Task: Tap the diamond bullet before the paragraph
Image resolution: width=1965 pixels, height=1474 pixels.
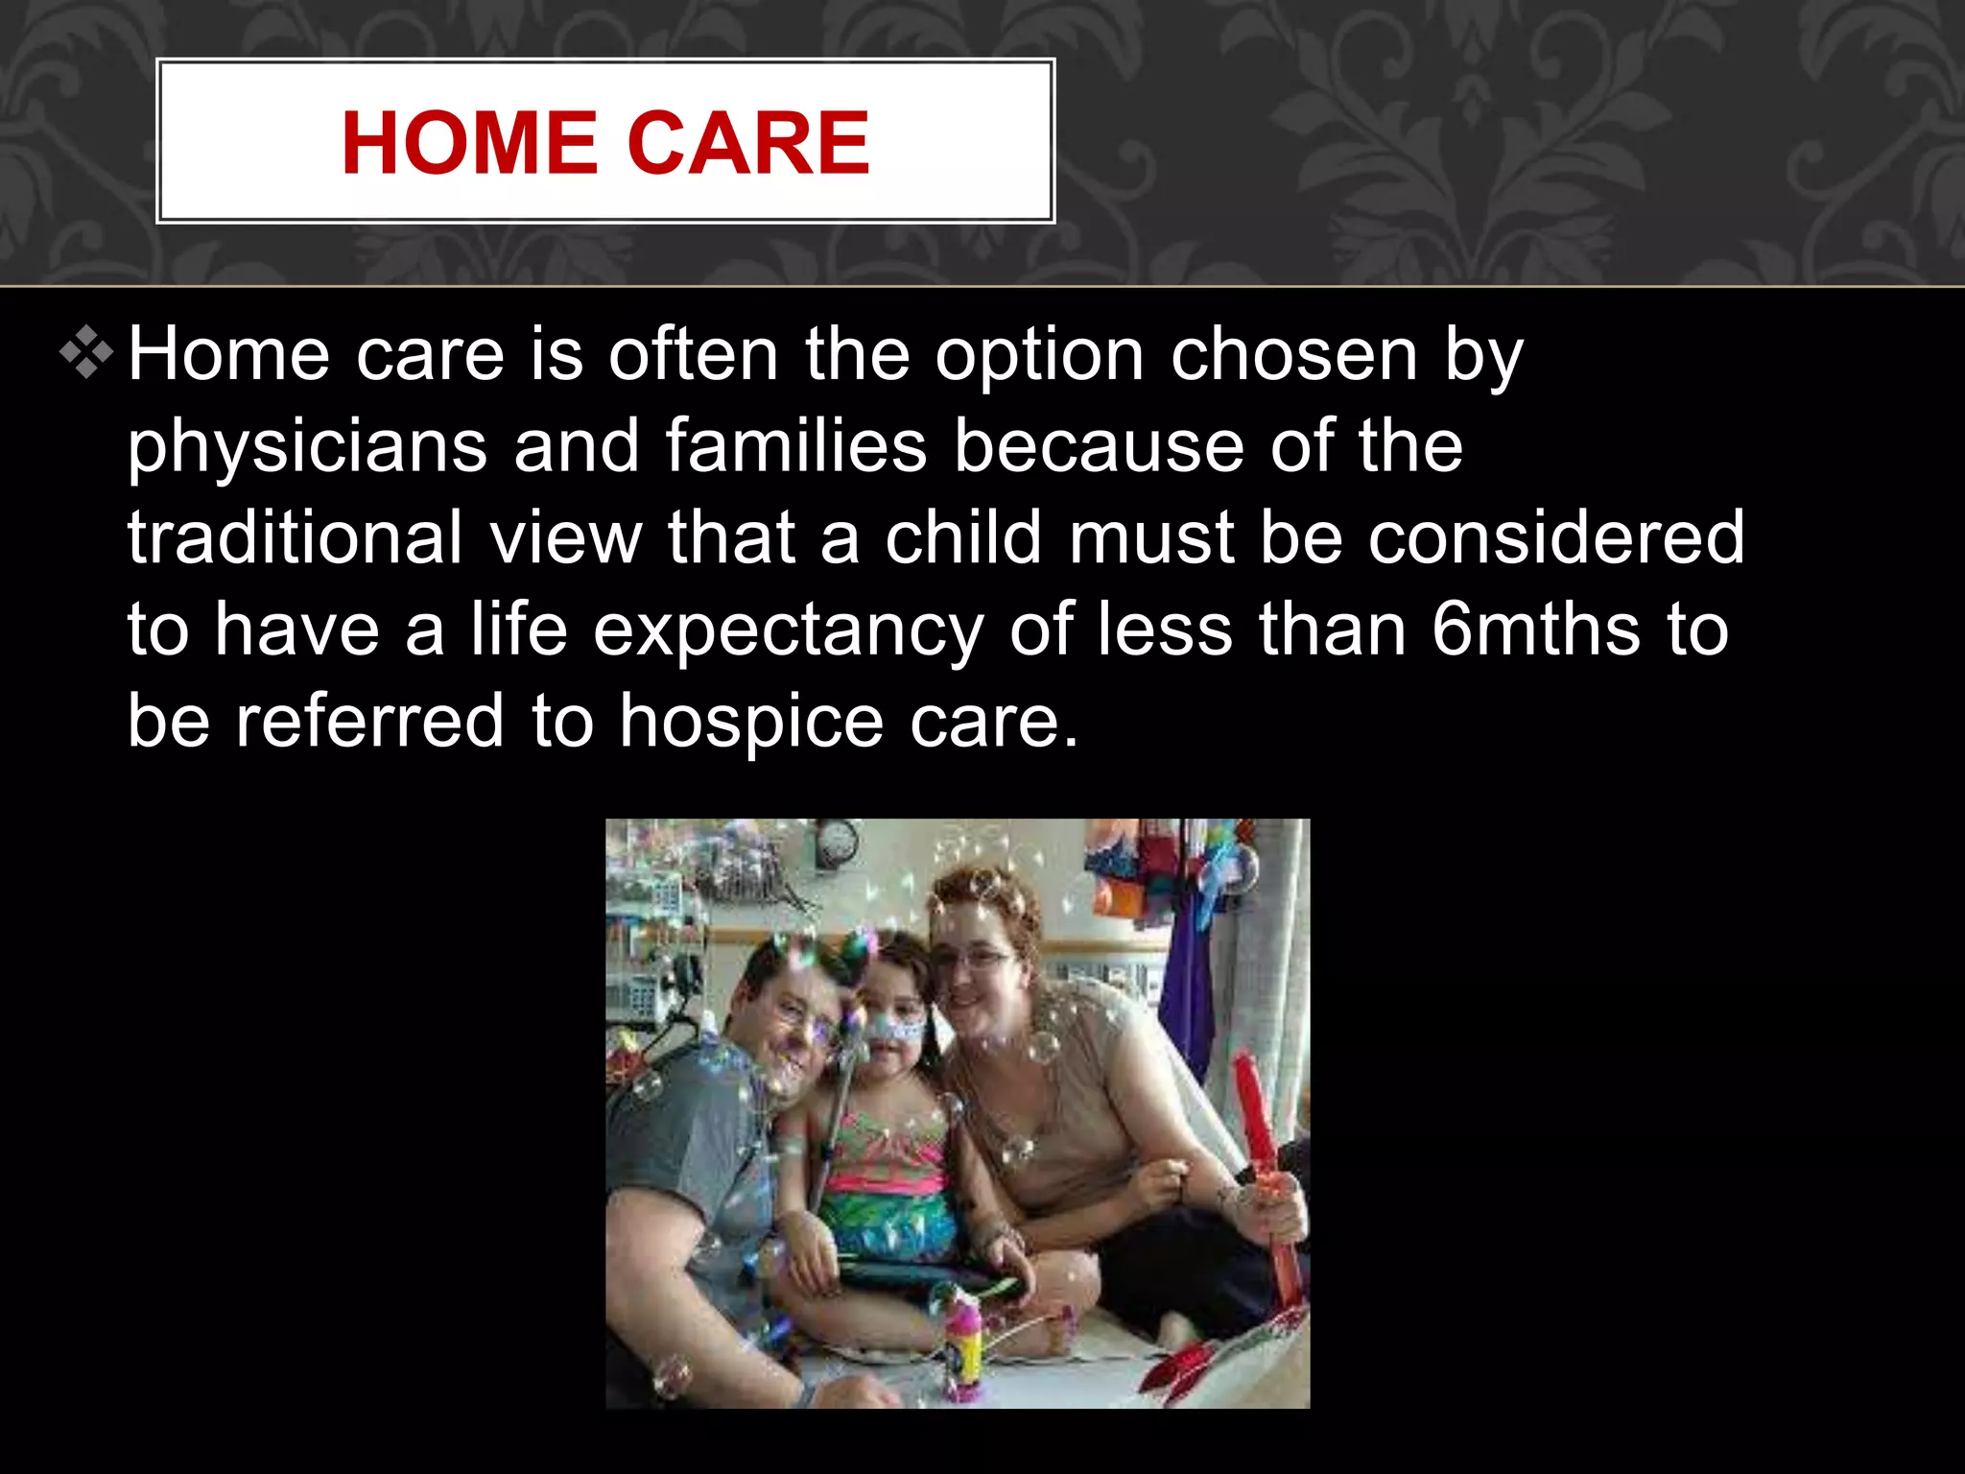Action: pos(86,353)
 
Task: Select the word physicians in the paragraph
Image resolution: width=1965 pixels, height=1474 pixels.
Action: pos(307,447)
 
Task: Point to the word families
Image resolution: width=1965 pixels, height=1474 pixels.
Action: pos(795,445)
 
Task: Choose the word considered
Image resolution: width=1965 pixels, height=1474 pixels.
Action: pos(1555,537)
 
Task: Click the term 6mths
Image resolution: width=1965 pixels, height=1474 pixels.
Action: pos(1535,630)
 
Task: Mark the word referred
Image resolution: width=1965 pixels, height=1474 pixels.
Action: pos(369,722)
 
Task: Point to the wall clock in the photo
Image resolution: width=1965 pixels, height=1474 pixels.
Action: pos(836,843)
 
